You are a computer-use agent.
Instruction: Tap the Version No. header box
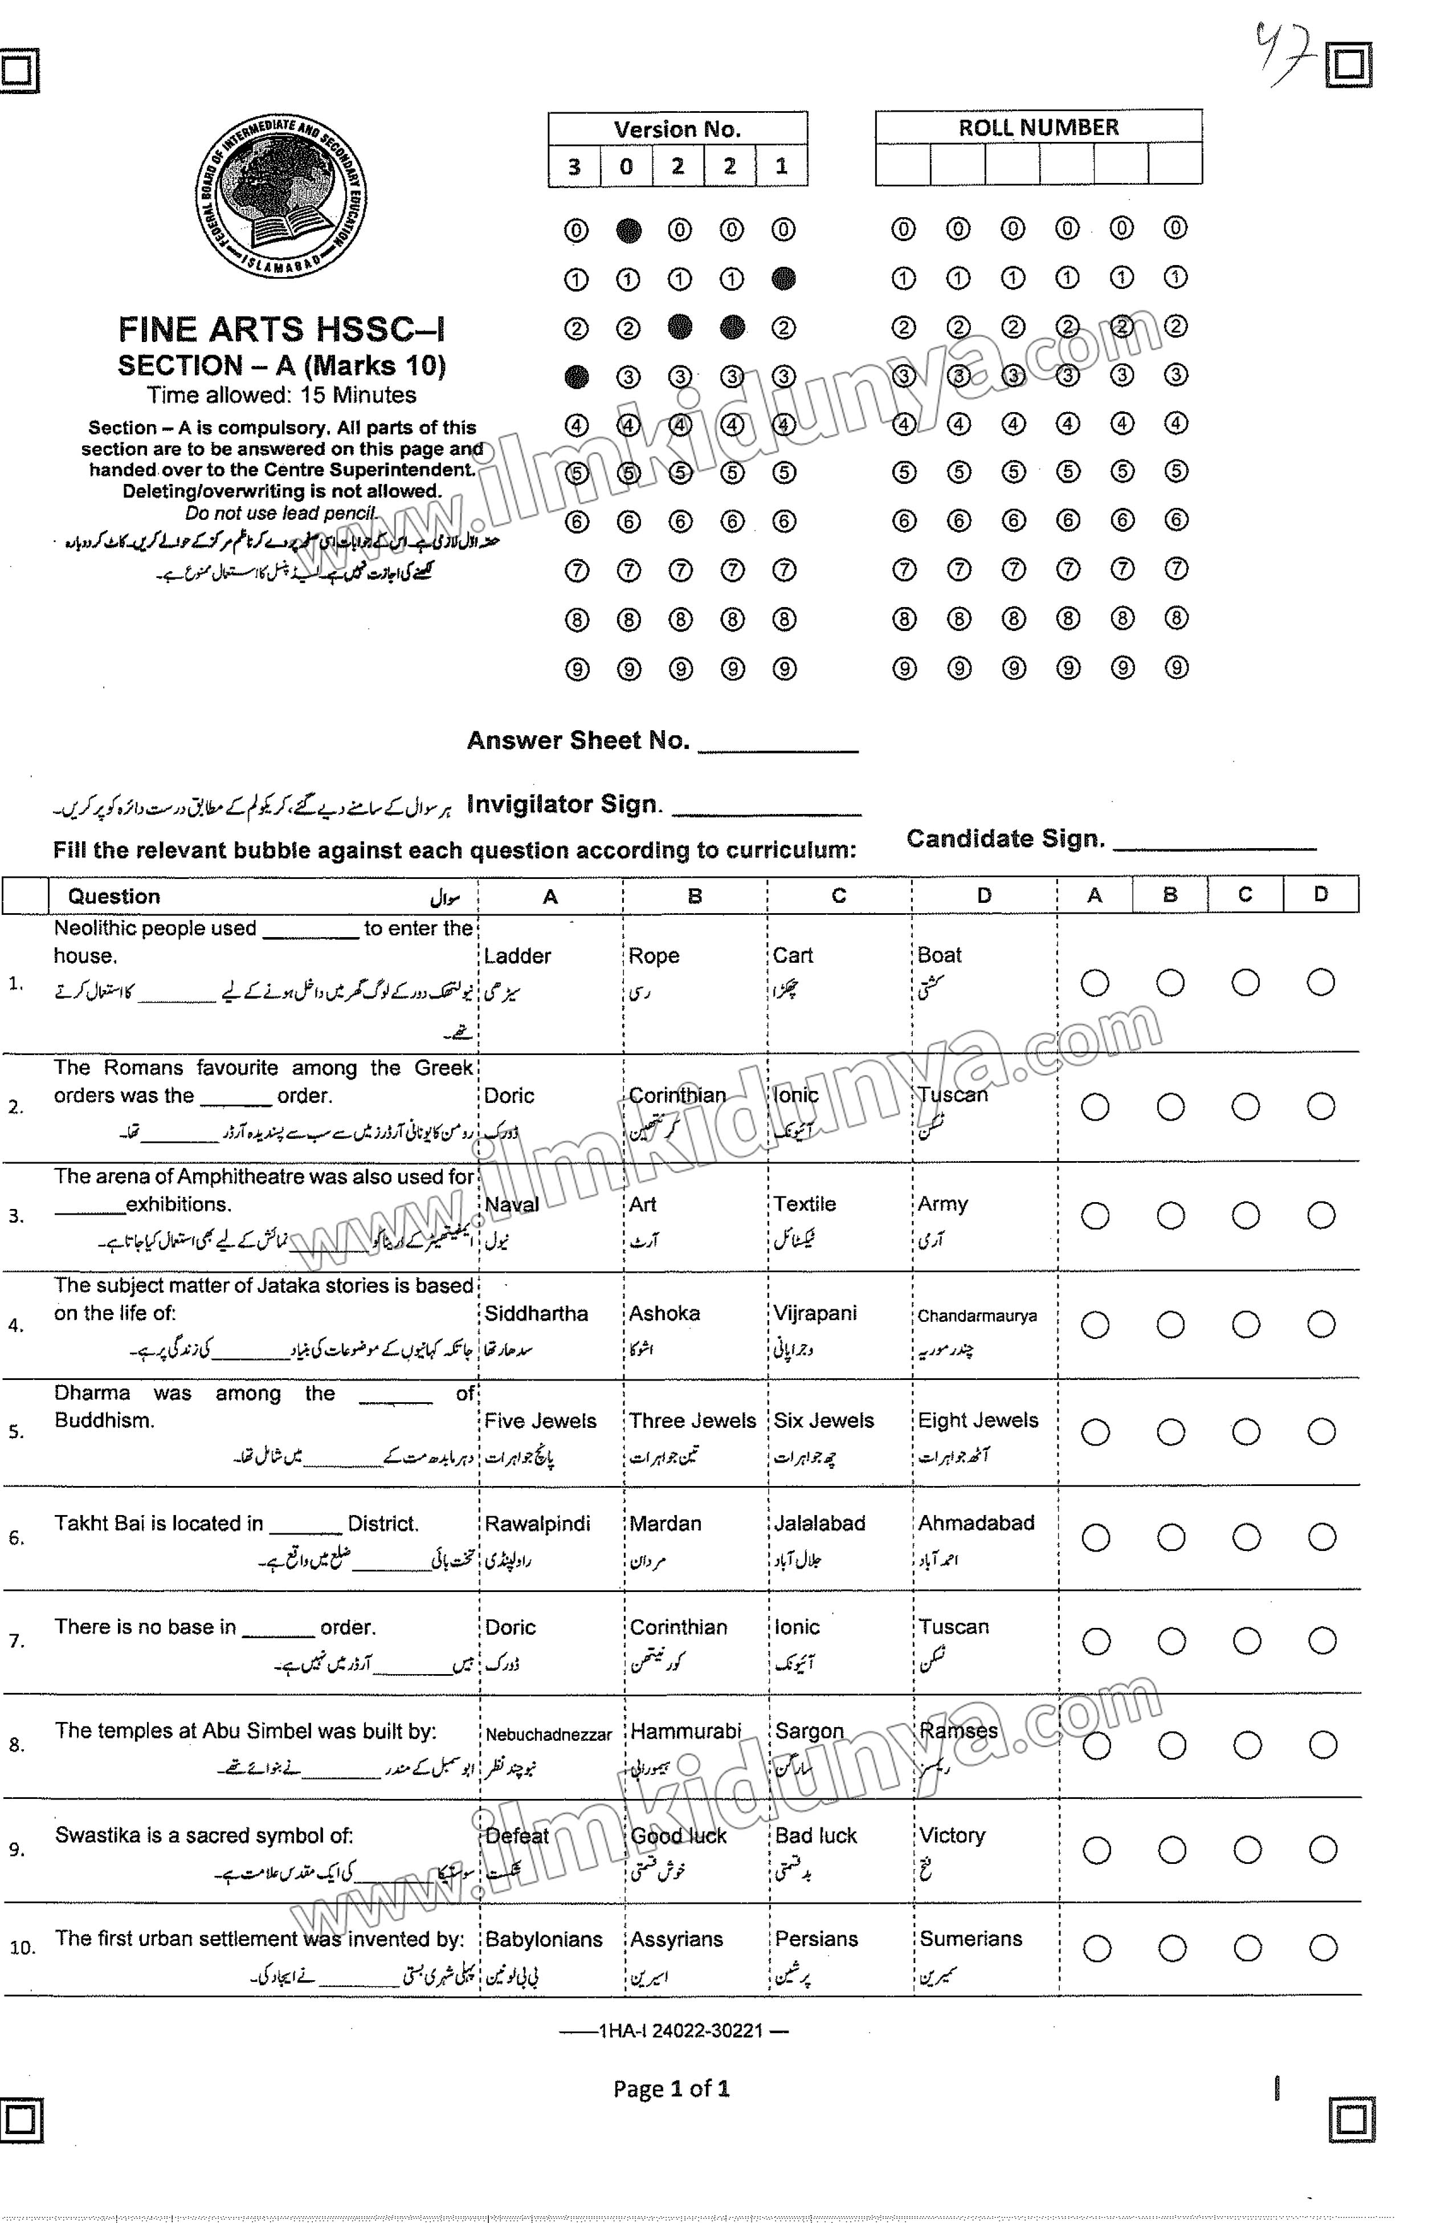[x=677, y=129]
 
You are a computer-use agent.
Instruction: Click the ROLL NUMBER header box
[x=1038, y=127]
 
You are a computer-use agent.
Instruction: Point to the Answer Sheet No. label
[x=577, y=740]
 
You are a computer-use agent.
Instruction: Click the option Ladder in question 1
[x=517, y=955]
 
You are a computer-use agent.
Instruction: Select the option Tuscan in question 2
[x=952, y=1095]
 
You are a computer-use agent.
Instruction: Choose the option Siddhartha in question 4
[x=536, y=1313]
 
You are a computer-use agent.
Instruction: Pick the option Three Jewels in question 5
[x=692, y=1420]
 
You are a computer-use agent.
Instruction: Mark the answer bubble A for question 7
[x=1095, y=1641]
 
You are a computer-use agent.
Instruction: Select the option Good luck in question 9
[x=678, y=1835]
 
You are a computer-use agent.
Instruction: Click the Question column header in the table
[x=114, y=897]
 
